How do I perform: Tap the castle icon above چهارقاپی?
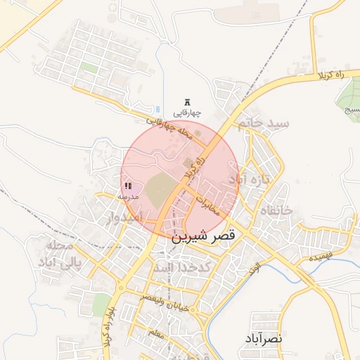pyautogui.click(x=187, y=102)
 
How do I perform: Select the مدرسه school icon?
pyautogui.click(x=128, y=186)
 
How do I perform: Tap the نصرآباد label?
pyautogui.click(x=264, y=339)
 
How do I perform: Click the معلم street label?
pyautogui.click(x=155, y=331)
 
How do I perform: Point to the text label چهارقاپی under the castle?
pyautogui.click(x=187, y=113)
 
